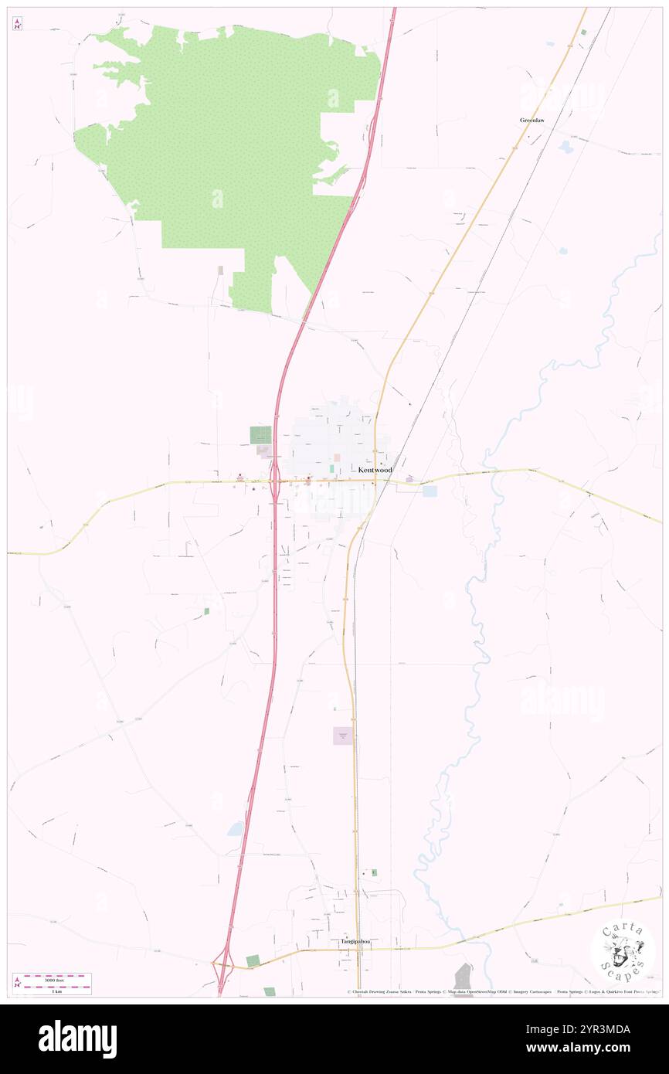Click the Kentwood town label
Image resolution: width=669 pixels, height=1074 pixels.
pos(375,470)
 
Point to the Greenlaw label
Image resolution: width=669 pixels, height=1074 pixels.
pos(531,121)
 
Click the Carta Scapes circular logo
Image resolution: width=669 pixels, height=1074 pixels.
pos(623,950)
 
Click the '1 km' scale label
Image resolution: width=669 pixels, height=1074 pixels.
pos(52,990)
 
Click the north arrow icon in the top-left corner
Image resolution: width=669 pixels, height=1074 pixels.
pos(17,24)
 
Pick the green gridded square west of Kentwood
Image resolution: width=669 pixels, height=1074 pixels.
pos(260,435)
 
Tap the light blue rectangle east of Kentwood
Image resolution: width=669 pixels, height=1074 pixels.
pos(430,491)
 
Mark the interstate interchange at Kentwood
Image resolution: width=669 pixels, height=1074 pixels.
pos(274,483)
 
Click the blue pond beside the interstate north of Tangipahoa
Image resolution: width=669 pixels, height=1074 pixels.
pos(236,830)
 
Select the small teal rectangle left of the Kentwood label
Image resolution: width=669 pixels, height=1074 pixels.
pos(332,468)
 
